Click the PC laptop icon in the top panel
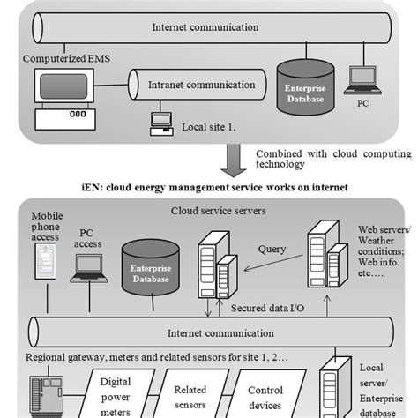[361, 80]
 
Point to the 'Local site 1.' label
[209, 128]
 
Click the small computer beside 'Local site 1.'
[161, 123]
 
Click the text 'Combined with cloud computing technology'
[321, 159]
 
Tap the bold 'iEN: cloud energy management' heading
[209, 187]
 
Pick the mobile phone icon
[45, 264]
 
